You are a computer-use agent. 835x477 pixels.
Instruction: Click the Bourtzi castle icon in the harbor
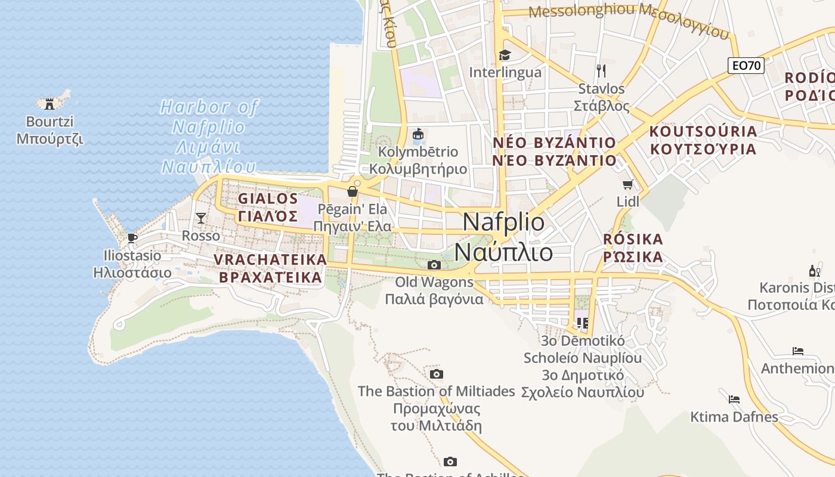50,103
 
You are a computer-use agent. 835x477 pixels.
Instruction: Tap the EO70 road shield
746,66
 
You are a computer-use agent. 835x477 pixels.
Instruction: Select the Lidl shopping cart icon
627,185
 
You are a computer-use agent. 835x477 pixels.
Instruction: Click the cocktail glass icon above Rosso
201,218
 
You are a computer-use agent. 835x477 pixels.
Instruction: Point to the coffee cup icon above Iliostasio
132,238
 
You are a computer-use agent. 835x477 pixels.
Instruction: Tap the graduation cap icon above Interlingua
505,55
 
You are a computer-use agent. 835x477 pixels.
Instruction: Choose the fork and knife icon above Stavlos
601,71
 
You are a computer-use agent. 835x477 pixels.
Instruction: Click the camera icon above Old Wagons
434,265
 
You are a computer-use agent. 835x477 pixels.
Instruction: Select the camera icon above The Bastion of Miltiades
437,374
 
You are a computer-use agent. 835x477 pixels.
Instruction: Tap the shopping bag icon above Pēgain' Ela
352,191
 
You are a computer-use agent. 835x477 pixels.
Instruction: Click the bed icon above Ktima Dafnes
734,399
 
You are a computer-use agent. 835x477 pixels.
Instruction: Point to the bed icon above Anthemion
798,351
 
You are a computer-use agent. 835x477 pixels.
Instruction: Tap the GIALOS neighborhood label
268,207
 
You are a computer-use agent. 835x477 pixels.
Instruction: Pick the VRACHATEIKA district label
271,268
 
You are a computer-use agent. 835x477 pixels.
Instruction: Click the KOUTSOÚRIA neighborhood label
703,140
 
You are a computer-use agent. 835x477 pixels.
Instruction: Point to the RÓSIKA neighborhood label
633,248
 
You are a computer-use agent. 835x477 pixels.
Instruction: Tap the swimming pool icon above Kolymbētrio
418,135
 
